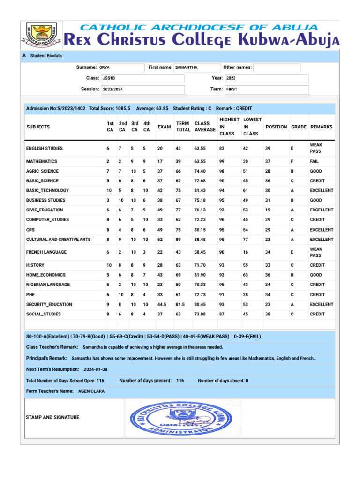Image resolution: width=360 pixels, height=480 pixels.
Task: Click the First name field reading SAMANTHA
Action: pos(196,67)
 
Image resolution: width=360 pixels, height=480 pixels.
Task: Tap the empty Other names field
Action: pos(277,67)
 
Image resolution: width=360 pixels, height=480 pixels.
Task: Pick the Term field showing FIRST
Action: pos(266,89)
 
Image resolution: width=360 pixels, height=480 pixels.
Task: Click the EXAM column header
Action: pos(164,127)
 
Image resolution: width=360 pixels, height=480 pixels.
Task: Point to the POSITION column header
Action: pos(277,127)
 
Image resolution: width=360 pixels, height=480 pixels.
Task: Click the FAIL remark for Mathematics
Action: pos(315,161)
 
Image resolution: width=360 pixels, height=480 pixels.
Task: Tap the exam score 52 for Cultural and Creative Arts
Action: pos(161,240)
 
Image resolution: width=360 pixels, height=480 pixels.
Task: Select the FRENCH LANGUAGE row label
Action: pos(47,252)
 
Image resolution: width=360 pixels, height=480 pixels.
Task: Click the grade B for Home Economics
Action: pos(292,275)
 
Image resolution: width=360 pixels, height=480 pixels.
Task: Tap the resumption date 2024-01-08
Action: pos(96,369)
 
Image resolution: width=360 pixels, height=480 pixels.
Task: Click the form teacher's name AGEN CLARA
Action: pos(91,391)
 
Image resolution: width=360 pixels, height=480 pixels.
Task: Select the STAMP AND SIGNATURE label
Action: pos(52,417)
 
